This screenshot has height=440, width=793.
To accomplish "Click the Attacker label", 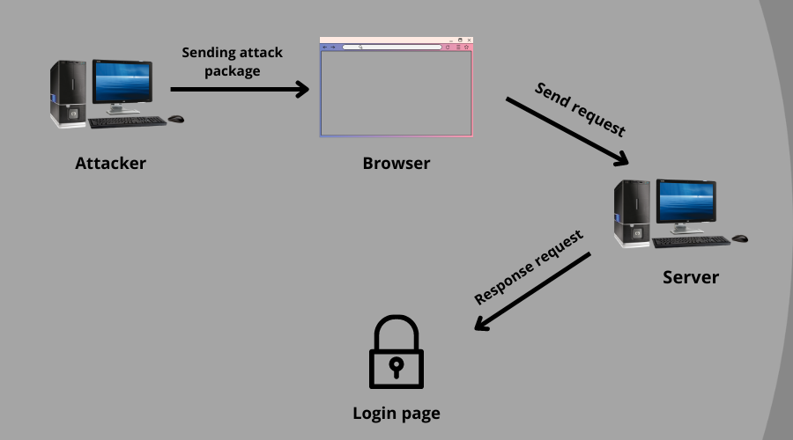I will click(110, 163).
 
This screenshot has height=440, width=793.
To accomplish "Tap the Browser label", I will click(396, 163).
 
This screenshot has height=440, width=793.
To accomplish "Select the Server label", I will click(691, 278).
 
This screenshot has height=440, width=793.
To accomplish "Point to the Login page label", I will click(396, 413).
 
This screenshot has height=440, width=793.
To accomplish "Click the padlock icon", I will click(396, 352).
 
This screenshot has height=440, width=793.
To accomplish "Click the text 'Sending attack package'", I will click(232, 62).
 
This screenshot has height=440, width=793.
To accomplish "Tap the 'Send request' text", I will click(580, 109).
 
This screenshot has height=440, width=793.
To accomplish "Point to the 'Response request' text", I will click(529, 268).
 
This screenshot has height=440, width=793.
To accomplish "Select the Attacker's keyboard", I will click(127, 121).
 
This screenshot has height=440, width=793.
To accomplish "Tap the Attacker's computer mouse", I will click(176, 118).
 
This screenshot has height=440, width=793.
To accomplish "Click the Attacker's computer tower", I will click(70, 92).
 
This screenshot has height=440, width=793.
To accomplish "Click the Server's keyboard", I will click(691, 241).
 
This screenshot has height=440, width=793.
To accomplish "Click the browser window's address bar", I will click(391, 47).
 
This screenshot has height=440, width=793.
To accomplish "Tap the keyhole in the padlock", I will click(396, 364).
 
